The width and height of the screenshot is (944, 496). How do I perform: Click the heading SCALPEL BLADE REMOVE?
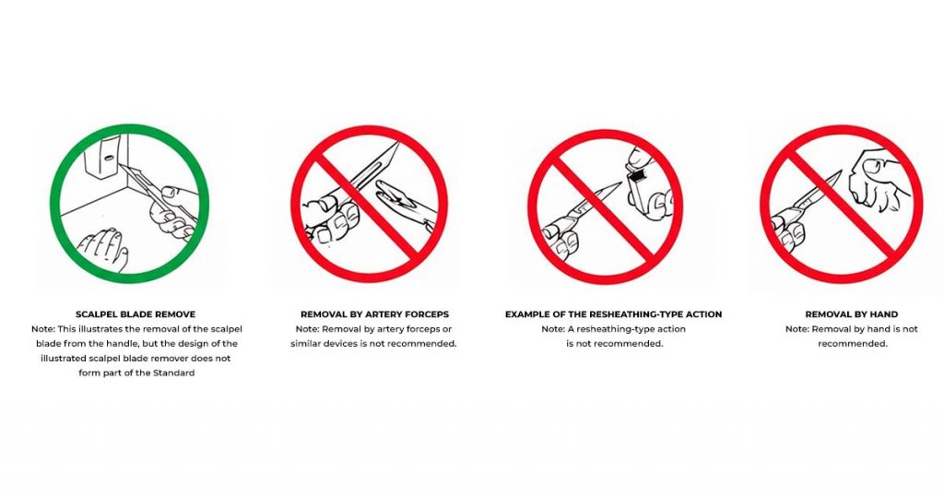click(136, 314)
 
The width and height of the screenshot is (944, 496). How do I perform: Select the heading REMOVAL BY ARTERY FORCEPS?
click(374, 314)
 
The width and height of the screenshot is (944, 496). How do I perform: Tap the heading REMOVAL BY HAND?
click(851, 314)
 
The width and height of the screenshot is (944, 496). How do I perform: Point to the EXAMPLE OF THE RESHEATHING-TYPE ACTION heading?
click(613, 314)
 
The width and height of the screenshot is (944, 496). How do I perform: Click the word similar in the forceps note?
click(306, 344)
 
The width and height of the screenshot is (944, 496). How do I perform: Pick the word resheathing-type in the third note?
click(620, 329)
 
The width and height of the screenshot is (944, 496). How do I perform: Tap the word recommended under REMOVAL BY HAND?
click(853, 344)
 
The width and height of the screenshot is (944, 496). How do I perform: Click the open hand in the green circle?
click(103, 247)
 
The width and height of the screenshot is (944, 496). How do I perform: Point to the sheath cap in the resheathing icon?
click(640, 180)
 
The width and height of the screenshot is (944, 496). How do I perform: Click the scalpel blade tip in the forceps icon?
click(398, 143)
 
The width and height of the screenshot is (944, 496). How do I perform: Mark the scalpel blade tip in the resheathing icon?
click(619, 183)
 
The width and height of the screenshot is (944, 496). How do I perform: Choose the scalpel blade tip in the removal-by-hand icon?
click(841, 171)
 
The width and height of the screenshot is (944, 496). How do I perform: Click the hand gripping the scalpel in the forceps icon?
click(330, 218)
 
